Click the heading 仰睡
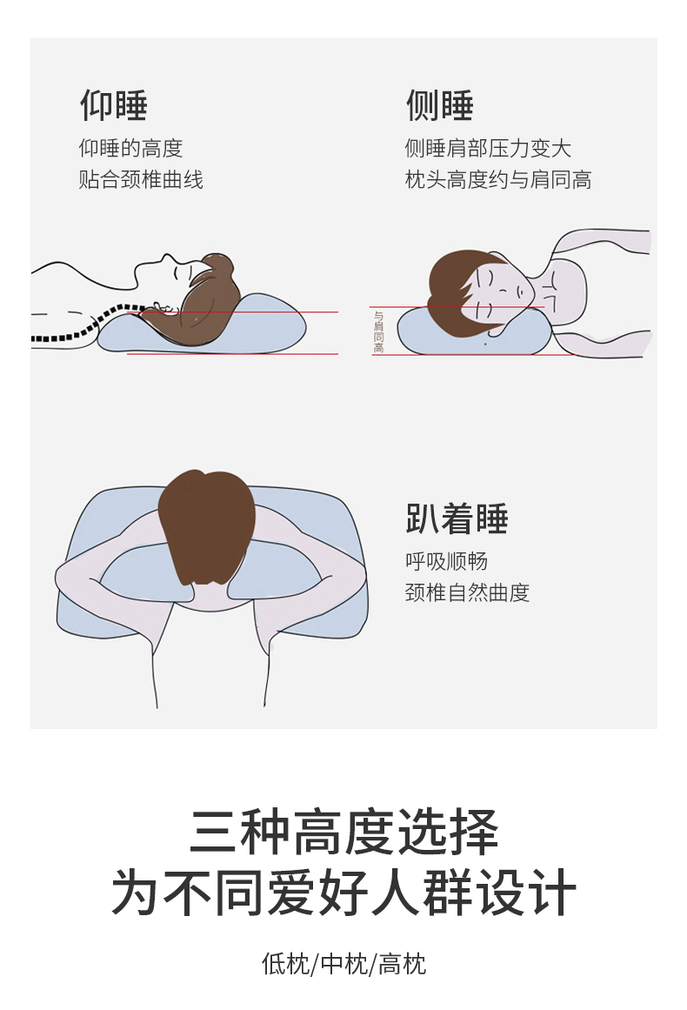point(114,105)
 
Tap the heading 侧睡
point(440,105)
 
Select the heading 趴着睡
point(457,518)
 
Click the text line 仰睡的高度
point(130,148)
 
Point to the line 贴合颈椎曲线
point(141,179)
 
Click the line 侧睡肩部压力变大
point(488,148)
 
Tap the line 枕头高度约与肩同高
point(498,179)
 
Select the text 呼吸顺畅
point(446,561)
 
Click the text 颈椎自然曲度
point(468,592)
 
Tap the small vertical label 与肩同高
point(378,331)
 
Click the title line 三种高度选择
point(343,832)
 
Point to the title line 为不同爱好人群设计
point(343,892)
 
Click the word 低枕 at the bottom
point(285,964)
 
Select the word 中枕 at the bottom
point(343,964)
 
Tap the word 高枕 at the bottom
point(402,964)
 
